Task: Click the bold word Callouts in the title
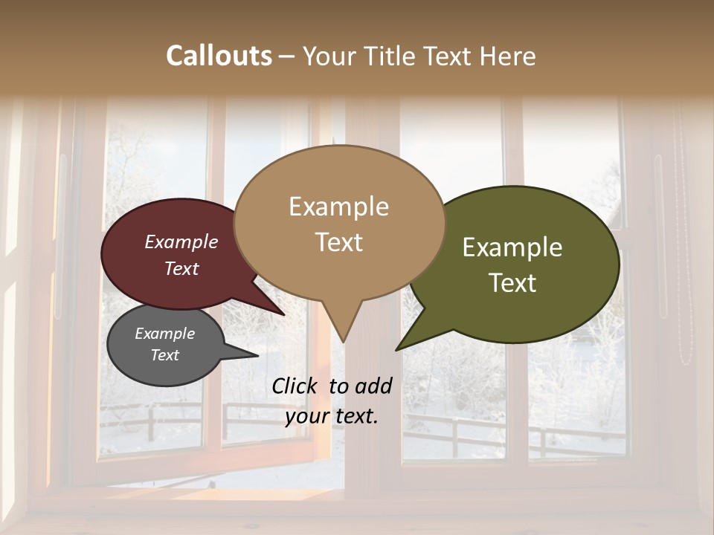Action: pos(219,56)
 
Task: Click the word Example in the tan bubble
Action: pos(338,207)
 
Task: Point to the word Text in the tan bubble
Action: pos(338,242)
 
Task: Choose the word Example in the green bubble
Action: pos(512,247)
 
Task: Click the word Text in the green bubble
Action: pos(512,283)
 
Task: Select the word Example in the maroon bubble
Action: pos(181,241)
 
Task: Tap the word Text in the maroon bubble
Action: pos(181,268)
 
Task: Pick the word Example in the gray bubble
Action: pos(165,334)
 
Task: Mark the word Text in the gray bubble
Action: pos(165,355)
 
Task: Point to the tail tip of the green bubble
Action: pos(399,347)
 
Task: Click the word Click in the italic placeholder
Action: pos(296,386)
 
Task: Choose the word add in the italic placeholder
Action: pos(373,386)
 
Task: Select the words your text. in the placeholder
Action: pos(332,416)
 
